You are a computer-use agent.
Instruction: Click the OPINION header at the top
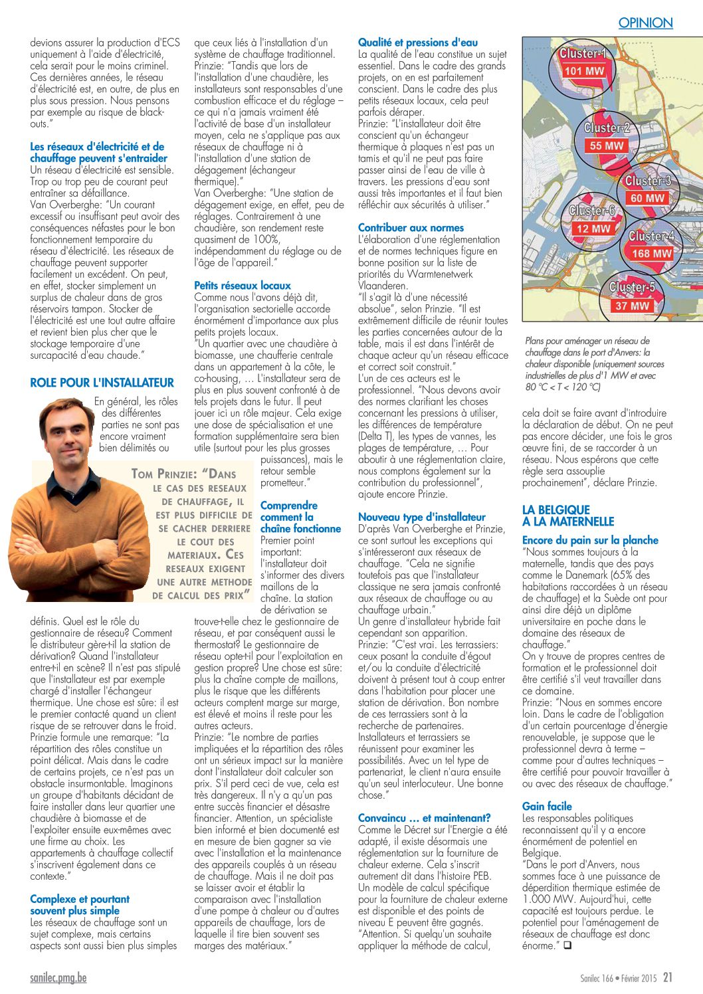click(645, 23)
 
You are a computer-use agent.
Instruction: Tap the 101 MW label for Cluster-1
click(584, 71)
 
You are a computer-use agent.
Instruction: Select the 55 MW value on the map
click(606, 146)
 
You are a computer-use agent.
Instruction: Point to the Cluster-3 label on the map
click(648, 181)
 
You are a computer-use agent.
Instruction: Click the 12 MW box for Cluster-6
click(593, 229)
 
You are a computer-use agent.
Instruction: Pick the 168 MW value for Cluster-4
click(651, 253)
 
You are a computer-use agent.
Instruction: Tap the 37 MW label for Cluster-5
click(632, 306)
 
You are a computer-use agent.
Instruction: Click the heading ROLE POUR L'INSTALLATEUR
click(102, 383)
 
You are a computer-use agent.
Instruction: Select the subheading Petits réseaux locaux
click(243, 285)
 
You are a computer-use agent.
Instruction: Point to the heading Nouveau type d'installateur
click(421, 517)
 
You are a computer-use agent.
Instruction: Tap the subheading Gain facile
click(547, 807)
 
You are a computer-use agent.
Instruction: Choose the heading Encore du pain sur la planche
click(590, 540)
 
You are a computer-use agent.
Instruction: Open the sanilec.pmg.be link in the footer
click(58, 977)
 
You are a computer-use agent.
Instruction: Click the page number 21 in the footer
click(668, 977)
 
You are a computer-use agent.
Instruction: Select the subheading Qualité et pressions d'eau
click(418, 43)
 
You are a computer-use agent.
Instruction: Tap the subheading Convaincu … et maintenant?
click(424, 818)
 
